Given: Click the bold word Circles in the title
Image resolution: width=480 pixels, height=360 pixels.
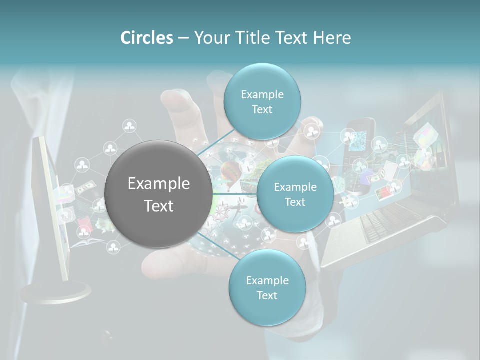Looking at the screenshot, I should (147, 38).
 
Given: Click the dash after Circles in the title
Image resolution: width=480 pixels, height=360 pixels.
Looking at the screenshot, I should (183, 38).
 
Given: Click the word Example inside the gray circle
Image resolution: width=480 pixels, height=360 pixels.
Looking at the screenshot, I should (159, 184).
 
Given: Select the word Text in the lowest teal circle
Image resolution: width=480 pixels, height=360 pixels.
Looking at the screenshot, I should (267, 295).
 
